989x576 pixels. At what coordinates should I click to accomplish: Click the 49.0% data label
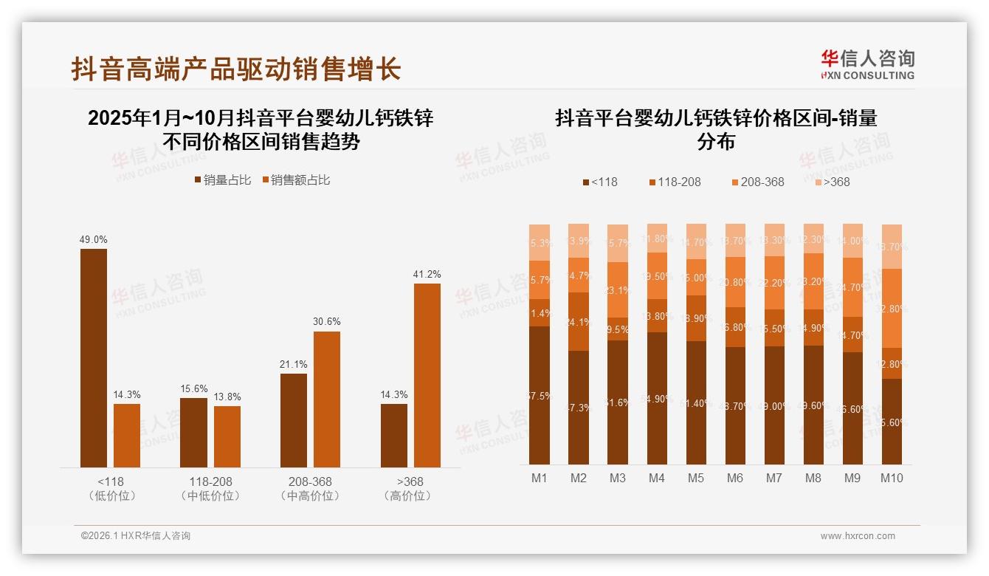[94, 239]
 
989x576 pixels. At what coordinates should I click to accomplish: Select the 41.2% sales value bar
[427, 374]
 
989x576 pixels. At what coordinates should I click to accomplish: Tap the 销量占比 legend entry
[222, 180]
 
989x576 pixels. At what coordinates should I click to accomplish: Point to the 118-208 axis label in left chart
[210, 481]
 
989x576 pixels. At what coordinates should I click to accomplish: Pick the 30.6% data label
[327, 322]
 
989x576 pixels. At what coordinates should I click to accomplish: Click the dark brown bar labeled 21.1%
[294, 420]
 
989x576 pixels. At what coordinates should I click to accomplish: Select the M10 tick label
[892, 479]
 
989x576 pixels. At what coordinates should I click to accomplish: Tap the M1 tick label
[540, 479]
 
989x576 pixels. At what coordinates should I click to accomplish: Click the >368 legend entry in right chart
[832, 182]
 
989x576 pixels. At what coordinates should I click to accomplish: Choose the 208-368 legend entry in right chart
[757, 182]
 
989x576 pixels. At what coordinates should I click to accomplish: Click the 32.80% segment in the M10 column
[892, 308]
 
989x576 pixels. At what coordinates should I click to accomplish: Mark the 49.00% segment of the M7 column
[774, 406]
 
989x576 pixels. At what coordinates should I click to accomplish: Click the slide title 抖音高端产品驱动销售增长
[236, 69]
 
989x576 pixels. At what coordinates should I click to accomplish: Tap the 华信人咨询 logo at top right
[867, 64]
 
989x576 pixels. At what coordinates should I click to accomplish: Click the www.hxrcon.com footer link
[858, 536]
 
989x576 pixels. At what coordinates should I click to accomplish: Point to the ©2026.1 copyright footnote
[136, 536]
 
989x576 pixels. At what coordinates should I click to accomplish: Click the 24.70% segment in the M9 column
[852, 287]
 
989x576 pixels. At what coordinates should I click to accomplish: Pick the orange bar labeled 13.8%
[227, 436]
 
